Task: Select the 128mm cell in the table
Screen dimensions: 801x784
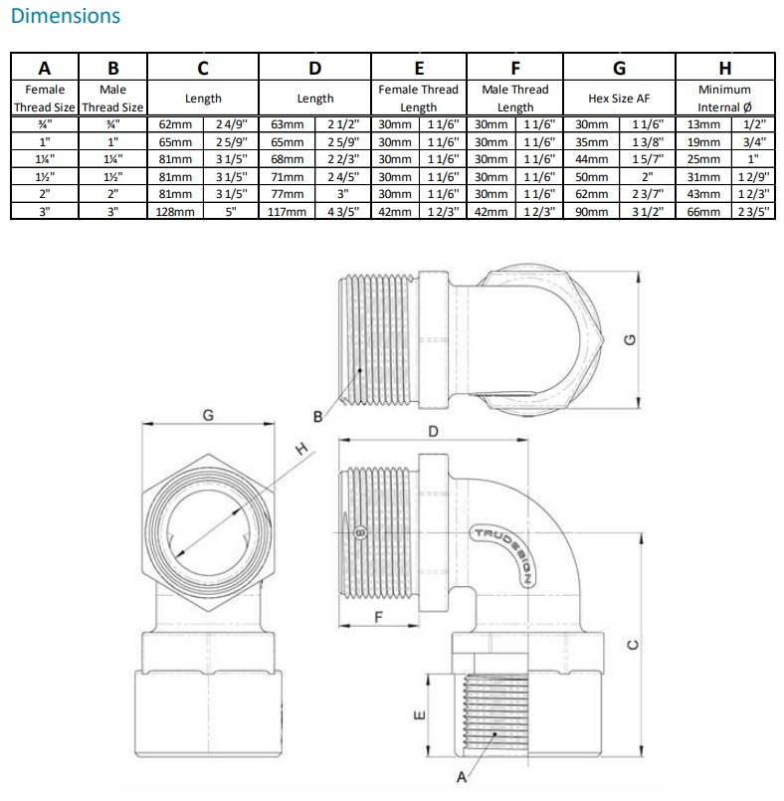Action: click(x=176, y=212)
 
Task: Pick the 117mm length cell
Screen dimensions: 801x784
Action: click(x=287, y=212)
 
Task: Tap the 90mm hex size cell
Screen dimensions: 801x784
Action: click(x=591, y=212)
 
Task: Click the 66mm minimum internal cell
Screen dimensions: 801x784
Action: click(x=703, y=212)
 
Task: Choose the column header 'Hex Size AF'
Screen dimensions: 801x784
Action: click(x=618, y=99)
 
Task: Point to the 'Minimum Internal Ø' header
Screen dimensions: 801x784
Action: click(x=724, y=99)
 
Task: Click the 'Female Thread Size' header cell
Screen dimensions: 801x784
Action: click(x=45, y=99)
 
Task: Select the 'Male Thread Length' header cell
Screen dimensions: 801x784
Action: click(x=514, y=99)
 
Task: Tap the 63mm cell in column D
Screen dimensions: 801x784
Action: click(x=287, y=124)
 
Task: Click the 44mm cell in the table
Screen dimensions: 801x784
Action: click(x=591, y=159)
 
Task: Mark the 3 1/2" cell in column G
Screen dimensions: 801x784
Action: click(x=647, y=212)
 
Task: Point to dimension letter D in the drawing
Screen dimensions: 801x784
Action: click(x=433, y=431)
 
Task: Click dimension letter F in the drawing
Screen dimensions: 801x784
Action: click(x=378, y=616)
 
